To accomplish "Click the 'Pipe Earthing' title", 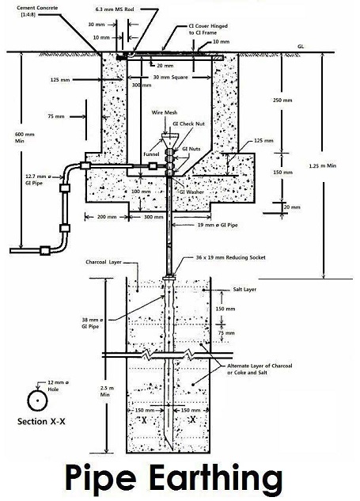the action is [174, 480].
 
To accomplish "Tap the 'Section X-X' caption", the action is [41, 421].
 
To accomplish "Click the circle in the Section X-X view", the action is [37, 400].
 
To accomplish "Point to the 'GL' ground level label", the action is [301, 47].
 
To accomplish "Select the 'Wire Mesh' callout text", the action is [165, 112].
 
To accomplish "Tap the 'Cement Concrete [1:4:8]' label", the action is [37, 11].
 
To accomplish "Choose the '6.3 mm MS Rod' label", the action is [115, 9].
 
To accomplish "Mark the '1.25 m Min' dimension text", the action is [323, 165].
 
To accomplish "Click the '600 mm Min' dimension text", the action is [25, 138].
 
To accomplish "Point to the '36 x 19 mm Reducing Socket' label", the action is [230, 257].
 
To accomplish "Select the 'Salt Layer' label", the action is [244, 290].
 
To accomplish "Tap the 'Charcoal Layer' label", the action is [104, 262].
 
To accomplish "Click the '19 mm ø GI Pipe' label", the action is [218, 225].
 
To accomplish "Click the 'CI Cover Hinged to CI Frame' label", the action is [208, 29].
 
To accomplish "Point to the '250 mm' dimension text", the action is [282, 100].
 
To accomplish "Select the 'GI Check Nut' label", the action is [188, 123].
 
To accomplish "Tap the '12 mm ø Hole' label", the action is [58, 385].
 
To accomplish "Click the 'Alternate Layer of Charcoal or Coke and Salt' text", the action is [260, 369].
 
